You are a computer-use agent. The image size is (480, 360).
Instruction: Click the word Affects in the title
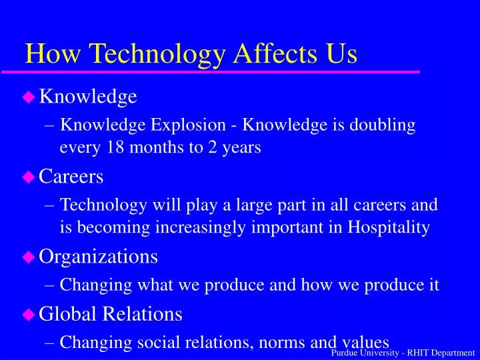coord(271,53)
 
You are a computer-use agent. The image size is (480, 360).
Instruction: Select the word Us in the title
coord(341,53)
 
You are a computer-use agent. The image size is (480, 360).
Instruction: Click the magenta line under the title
coord(220,71)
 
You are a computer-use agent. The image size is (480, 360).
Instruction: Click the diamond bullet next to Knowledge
coord(29,97)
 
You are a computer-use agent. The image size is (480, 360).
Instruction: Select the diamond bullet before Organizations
coord(29,256)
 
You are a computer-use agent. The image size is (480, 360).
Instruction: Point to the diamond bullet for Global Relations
coord(29,313)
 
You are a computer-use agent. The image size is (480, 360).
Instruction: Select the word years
coord(241,148)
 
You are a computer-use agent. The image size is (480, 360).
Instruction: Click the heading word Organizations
coord(99,256)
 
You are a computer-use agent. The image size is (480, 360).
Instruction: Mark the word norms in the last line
coord(281,342)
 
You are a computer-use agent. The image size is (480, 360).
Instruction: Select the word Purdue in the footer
coord(345,353)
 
